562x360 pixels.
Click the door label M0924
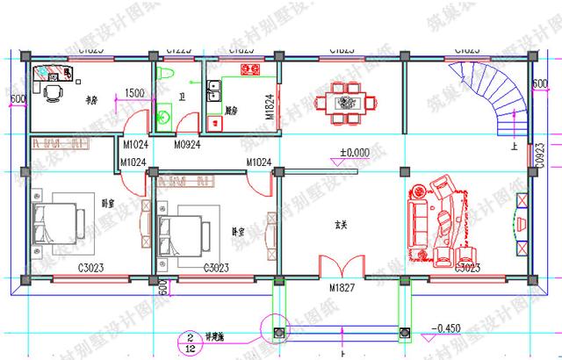(188, 144)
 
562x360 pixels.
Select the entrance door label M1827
(343, 288)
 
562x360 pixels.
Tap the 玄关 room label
(340, 224)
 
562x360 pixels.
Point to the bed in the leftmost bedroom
(60, 218)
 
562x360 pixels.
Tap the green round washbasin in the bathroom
(162, 112)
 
